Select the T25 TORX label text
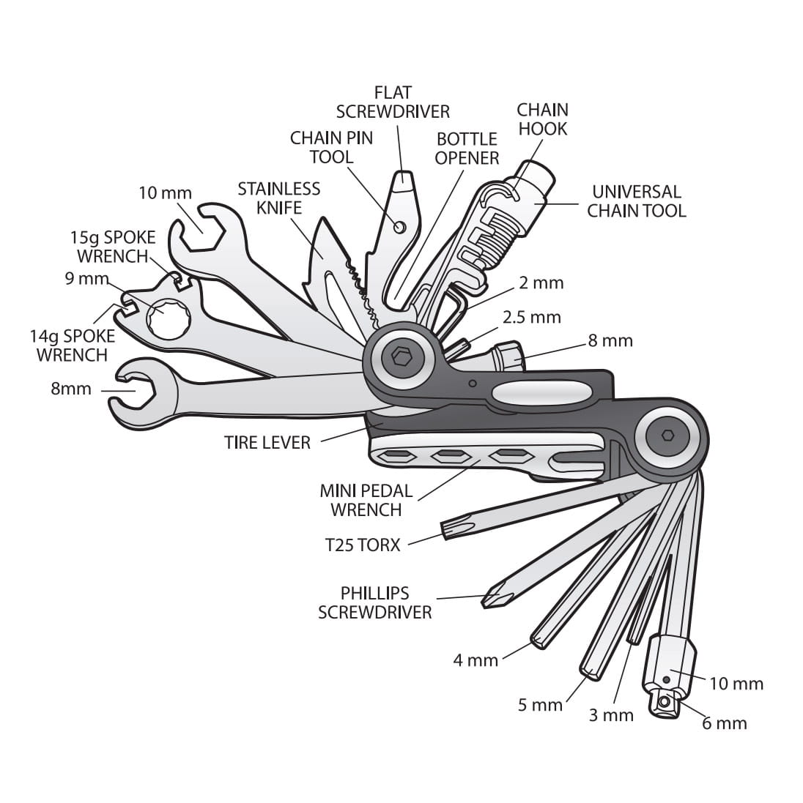(363, 545)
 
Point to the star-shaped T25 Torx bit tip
(448, 527)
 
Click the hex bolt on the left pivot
(400, 356)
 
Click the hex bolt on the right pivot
(667, 435)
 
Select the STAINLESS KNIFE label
(278, 198)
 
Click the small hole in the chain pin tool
(399, 227)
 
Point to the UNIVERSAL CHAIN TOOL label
(636, 201)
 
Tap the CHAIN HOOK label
(542, 119)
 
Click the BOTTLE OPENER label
(467, 148)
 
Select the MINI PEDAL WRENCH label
(366, 500)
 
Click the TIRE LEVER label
(267, 442)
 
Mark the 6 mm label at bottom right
(724, 723)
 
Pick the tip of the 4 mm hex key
(538, 642)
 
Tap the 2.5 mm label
(531, 317)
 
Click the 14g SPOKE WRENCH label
(72, 346)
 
